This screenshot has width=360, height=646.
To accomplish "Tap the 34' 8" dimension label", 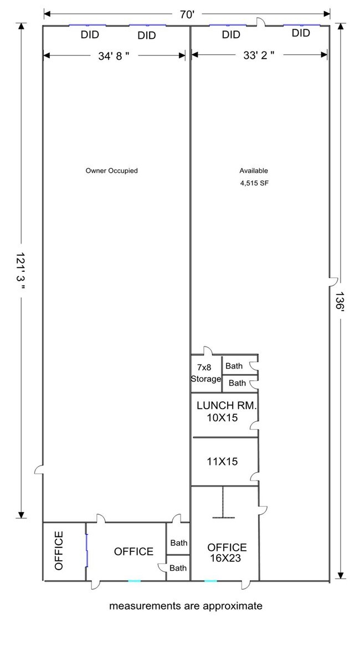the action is [114, 56].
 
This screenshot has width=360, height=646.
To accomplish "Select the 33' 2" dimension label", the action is [259, 55].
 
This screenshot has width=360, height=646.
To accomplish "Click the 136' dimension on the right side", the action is [340, 302].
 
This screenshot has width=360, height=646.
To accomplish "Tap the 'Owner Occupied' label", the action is [111, 170].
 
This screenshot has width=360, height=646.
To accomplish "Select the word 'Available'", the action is [254, 170].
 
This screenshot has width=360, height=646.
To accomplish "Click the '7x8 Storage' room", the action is [206, 373].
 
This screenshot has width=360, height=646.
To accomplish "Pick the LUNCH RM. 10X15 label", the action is [227, 411].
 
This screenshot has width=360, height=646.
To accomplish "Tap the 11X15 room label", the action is [222, 462].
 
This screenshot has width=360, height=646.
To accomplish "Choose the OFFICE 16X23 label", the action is [227, 553].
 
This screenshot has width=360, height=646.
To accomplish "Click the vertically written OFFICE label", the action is [59, 550].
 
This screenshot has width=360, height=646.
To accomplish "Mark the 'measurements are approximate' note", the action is [186, 606].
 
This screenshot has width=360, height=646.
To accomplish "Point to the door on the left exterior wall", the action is [39, 469].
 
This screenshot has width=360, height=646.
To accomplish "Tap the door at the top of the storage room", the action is [208, 350].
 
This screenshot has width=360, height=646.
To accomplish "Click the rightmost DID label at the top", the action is [301, 33].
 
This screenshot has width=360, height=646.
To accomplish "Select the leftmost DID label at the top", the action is [90, 35].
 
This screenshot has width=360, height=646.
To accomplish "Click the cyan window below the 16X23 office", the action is [210, 581].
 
